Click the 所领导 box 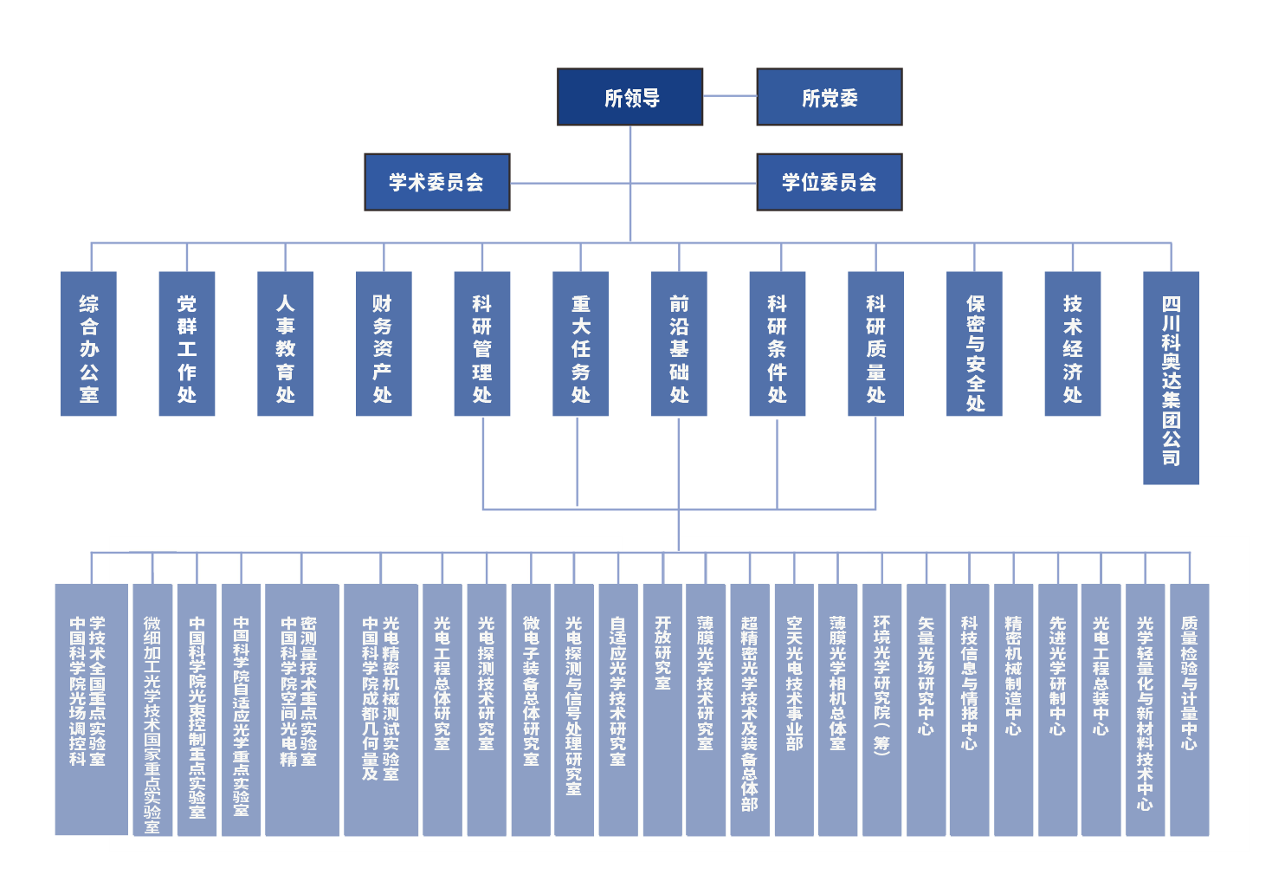click(630, 97)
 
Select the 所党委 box click(829, 97)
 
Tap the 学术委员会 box click(436, 182)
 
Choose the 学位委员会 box click(829, 182)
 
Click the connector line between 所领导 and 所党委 click(729, 96)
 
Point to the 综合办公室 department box click(88, 344)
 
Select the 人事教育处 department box click(285, 344)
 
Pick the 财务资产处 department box click(384, 344)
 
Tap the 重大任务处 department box click(580, 344)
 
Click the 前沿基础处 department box click(679, 344)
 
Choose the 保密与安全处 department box click(974, 344)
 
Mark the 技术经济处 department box click(1072, 344)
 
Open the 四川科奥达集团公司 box click(1171, 378)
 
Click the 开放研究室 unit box click(662, 709)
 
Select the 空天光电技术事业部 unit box click(794, 709)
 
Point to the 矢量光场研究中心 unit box click(926, 709)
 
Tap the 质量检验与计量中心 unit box click(1189, 709)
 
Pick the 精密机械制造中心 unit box click(1013, 709)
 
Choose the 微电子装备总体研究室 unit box click(531, 709)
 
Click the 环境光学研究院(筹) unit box click(881, 709)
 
